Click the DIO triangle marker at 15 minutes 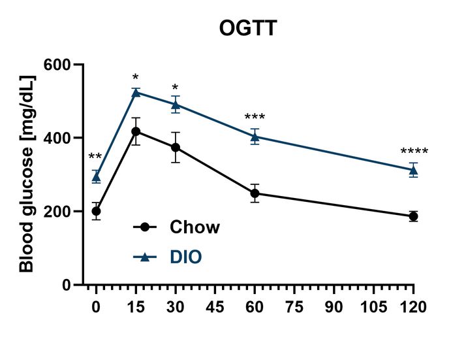(136, 93)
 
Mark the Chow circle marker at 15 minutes (136, 131)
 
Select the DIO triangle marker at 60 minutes (255, 137)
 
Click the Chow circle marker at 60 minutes (255, 193)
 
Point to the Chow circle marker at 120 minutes (413, 216)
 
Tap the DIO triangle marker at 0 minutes (96, 176)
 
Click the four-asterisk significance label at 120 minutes (414, 154)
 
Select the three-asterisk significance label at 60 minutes (255, 118)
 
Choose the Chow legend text (194, 227)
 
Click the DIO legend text (185, 257)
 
